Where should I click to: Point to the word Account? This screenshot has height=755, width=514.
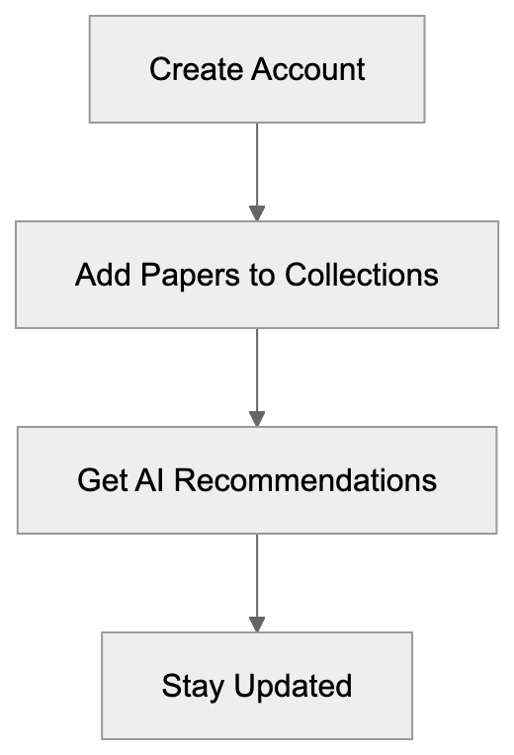(307, 69)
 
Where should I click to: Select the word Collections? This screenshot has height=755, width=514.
(363, 274)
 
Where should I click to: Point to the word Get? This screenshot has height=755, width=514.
(102, 480)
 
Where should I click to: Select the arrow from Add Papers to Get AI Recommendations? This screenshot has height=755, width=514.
(257, 373)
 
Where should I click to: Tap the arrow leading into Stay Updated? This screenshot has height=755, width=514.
(257, 578)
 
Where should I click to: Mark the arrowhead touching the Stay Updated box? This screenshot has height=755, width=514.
(257, 625)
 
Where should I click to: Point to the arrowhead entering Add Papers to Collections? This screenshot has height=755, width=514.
(257, 212)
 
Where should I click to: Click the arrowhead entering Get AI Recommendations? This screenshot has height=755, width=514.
(257, 419)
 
